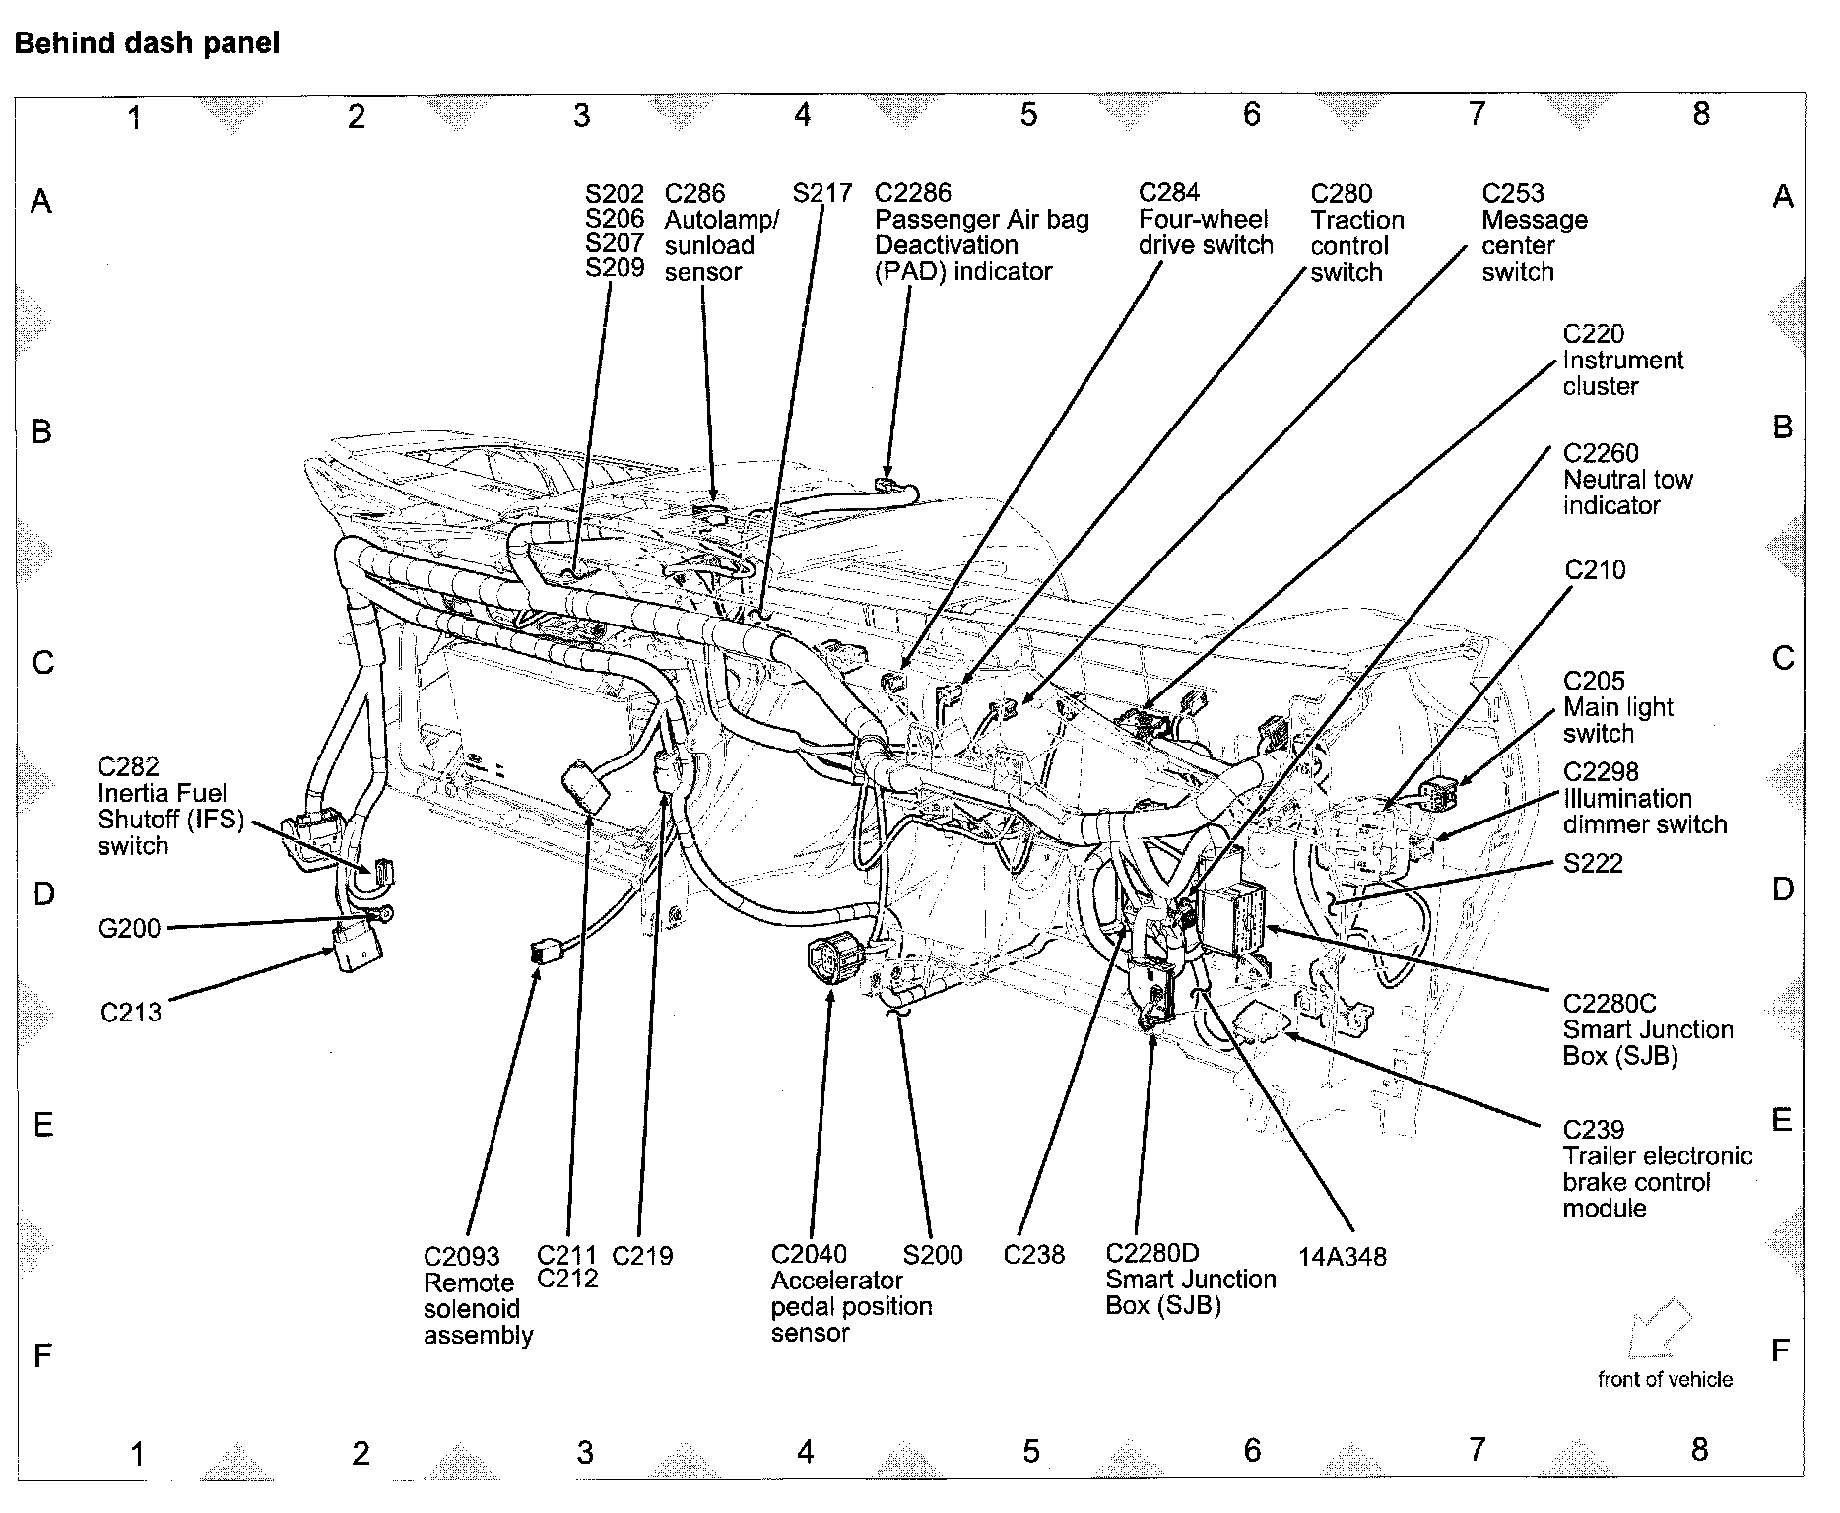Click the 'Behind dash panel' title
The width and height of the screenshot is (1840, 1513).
(x=148, y=43)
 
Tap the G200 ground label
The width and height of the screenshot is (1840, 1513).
(x=129, y=928)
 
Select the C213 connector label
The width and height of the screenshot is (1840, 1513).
(x=131, y=1012)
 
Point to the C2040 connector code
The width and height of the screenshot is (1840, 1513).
(x=809, y=1254)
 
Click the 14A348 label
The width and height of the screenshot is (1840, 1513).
(x=1342, y=1257)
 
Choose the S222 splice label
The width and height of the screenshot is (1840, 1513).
(x=1593, y=863)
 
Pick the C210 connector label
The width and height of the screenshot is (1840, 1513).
(x=1595, y=570)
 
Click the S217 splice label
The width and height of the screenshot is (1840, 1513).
(x=822, y=193)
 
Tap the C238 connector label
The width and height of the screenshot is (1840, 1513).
(x=1033, y=1255)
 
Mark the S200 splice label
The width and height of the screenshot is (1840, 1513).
(x=933, y=1255)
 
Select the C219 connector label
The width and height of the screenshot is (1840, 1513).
(x=642, y=1255)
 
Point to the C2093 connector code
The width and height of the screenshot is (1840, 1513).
(x=461, y=1257)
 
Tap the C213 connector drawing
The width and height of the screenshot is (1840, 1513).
(x=357, y=948)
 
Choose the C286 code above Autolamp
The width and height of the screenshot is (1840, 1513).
(x=694, y=193)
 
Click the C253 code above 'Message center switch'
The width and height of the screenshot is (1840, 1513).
(x=1513, y=193)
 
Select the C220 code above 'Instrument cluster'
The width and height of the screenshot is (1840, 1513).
(x=1594, y=334)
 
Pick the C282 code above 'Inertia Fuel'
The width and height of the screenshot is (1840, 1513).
(x=128, y=766)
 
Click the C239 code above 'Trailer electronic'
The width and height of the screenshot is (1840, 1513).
(x=1593, y=1130)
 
